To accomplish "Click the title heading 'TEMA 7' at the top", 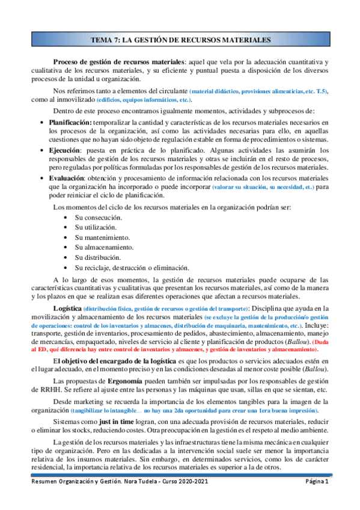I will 180,40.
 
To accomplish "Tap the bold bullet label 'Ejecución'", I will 65,153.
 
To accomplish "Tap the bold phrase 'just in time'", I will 128,422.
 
